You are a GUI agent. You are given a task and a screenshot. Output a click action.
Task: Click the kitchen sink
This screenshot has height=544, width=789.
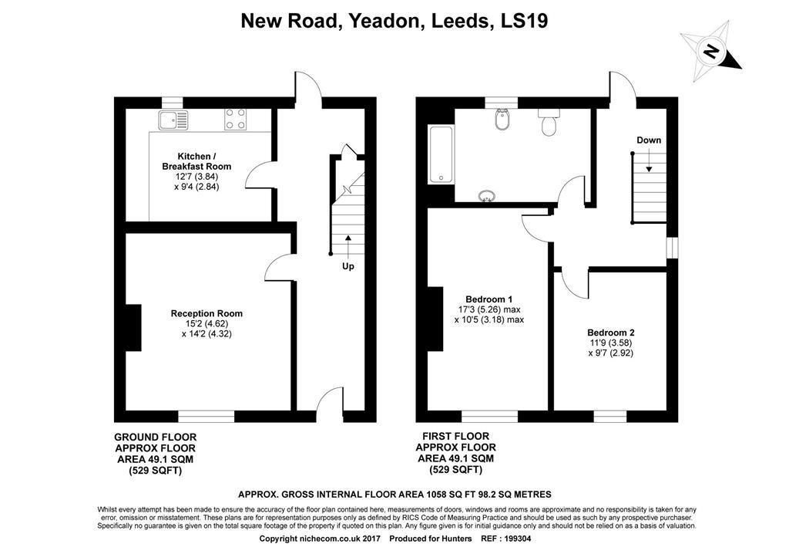173,120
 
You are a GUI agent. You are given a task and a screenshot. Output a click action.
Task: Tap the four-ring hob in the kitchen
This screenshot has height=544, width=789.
235,119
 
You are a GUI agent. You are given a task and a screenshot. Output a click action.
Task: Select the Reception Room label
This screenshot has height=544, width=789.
206,313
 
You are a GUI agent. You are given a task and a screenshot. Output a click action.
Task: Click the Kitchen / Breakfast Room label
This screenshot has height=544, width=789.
196,161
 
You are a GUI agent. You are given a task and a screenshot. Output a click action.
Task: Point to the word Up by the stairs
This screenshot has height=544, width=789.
348,266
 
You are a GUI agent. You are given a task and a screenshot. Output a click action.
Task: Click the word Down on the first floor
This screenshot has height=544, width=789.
649,140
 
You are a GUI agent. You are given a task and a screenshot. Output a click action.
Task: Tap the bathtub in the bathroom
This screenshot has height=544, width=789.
442,154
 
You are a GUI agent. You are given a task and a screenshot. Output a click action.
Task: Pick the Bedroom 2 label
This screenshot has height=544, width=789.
611,333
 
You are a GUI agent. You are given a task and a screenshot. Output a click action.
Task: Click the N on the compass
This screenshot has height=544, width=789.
711,52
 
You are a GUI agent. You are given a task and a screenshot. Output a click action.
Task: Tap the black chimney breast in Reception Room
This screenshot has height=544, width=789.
133,327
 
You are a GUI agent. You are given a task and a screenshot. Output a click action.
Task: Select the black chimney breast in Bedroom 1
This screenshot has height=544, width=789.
435,319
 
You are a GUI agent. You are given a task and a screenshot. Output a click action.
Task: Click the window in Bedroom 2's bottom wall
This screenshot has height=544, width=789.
610,417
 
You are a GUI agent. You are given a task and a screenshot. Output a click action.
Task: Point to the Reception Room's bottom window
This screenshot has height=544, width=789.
206,417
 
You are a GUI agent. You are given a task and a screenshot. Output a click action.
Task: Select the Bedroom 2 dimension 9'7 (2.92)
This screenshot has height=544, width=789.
611,353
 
